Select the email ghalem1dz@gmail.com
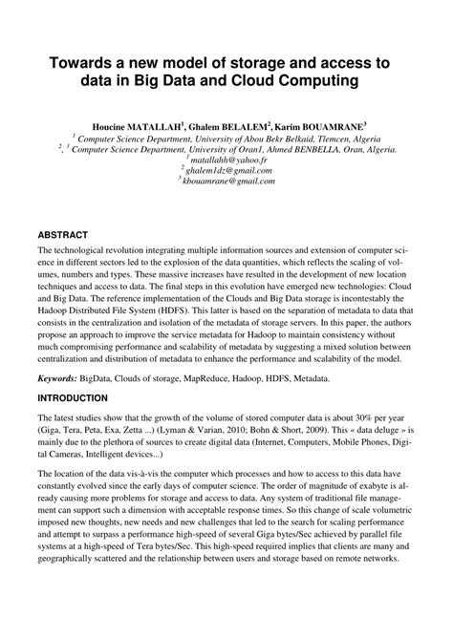228,170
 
